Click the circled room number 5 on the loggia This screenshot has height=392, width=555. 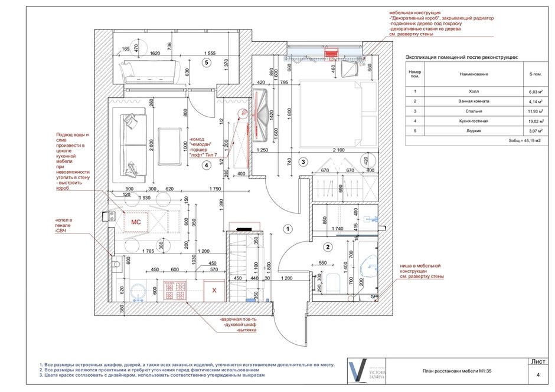pos(206,62)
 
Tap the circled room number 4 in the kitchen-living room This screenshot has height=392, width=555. pos(205,166)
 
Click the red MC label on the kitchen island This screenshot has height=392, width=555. pos(135,222)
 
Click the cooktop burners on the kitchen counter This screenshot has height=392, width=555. pos(177,290)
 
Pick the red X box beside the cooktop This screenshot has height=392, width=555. pos(214,290)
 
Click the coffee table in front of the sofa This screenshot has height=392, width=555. pos(171,146)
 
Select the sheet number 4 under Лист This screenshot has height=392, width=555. pos(538,375)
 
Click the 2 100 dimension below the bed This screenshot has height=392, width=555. pos(338,150)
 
